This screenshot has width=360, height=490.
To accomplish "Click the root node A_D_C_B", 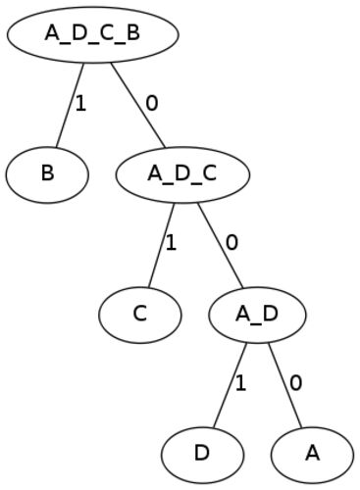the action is point(93,34).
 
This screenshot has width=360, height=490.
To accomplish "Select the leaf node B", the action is point(47,174).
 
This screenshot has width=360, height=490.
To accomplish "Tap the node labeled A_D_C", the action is point(182,174).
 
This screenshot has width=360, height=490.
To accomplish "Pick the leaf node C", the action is point(140,315).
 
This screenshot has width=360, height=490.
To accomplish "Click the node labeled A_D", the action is point(257,315).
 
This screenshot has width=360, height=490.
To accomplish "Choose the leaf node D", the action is point(202,455).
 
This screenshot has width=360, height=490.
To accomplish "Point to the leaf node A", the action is point(312,455).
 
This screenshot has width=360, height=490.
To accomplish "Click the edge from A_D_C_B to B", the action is point(70,105).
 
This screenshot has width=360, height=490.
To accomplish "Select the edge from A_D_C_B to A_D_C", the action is point(138,105).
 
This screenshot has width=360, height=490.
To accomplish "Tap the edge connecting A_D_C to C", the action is point(161,245).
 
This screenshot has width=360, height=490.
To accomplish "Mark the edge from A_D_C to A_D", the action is point(220,245).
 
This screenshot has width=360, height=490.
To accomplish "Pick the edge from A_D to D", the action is point(230,385).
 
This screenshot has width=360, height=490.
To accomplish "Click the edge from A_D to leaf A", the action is point(284,385).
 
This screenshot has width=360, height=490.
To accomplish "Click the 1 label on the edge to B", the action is point(80,104).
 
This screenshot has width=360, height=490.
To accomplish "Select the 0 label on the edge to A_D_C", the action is point(152,103).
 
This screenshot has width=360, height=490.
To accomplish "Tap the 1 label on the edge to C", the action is point(171,243).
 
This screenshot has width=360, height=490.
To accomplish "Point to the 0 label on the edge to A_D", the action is point(231,243).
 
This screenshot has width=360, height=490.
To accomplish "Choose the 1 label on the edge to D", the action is point(240,383).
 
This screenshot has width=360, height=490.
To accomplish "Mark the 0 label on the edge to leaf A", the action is point(296,383).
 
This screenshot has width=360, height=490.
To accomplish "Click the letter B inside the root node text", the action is point(132,33).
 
